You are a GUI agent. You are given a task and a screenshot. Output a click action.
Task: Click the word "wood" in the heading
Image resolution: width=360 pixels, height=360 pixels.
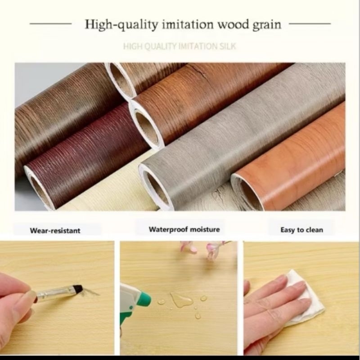click(x=233, y=24)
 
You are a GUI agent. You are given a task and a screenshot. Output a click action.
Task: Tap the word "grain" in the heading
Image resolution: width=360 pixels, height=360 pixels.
click(x=267, y=25)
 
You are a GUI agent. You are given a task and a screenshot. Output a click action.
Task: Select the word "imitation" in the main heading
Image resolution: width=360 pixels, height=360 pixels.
click(x=188, y=24)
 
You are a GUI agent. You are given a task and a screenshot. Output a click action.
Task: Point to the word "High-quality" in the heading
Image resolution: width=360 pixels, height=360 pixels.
click(x=121, y=25)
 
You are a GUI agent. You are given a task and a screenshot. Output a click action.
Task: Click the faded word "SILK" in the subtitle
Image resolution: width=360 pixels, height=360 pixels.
click(x=228, y=46)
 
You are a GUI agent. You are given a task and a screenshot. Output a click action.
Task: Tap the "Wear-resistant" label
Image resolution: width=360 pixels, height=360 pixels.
click(x=55, y=230)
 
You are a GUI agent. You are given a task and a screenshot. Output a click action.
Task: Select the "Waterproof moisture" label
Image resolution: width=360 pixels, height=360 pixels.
click(x=184, y=229)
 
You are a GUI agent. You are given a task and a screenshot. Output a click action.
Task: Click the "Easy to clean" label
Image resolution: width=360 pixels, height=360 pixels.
click(x=301, y=230)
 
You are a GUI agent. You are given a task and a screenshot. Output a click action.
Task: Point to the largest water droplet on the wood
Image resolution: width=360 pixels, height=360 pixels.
click(x=181, y=300)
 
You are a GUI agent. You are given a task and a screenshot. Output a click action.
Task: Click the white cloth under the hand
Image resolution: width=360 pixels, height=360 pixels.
click(x=306, y=296)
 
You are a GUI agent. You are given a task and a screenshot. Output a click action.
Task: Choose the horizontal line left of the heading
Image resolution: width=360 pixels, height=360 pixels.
click(x=50, y=23)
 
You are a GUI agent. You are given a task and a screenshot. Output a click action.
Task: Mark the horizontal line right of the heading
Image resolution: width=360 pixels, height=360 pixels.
click(x=310, y=23)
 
